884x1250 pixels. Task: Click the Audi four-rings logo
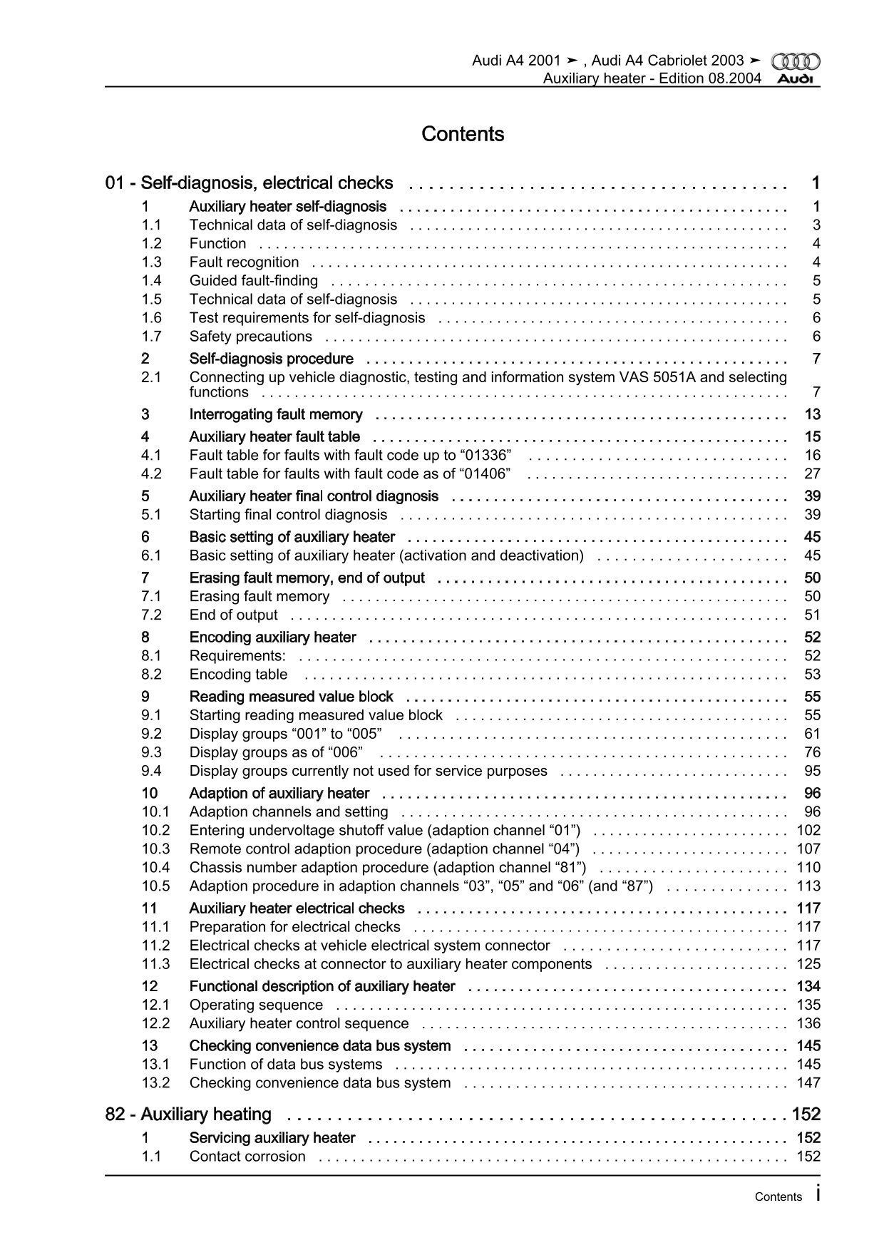pos(796,61)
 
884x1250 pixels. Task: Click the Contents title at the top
pos(463,134)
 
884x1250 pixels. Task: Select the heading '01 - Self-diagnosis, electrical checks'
pos(249,183)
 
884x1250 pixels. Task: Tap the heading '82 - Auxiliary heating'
pos(188,1114)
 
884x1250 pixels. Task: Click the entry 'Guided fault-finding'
pos(253,281)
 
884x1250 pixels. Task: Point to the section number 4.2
pos(151,473)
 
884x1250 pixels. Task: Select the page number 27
pos(812,473)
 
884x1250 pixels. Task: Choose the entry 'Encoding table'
pos(238,675)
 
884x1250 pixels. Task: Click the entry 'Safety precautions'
pos(250,337)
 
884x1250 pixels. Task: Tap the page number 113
pos(808,886)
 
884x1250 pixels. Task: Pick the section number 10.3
pos(155,849)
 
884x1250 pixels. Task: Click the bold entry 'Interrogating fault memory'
pos(275,415)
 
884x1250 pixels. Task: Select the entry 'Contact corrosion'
pos(247,1157)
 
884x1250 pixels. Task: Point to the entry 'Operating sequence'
pos(256,1005)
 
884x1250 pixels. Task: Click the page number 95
pos(812,771)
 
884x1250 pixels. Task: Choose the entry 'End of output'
pos(233,615)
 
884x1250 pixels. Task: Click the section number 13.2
pos(155,1082)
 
